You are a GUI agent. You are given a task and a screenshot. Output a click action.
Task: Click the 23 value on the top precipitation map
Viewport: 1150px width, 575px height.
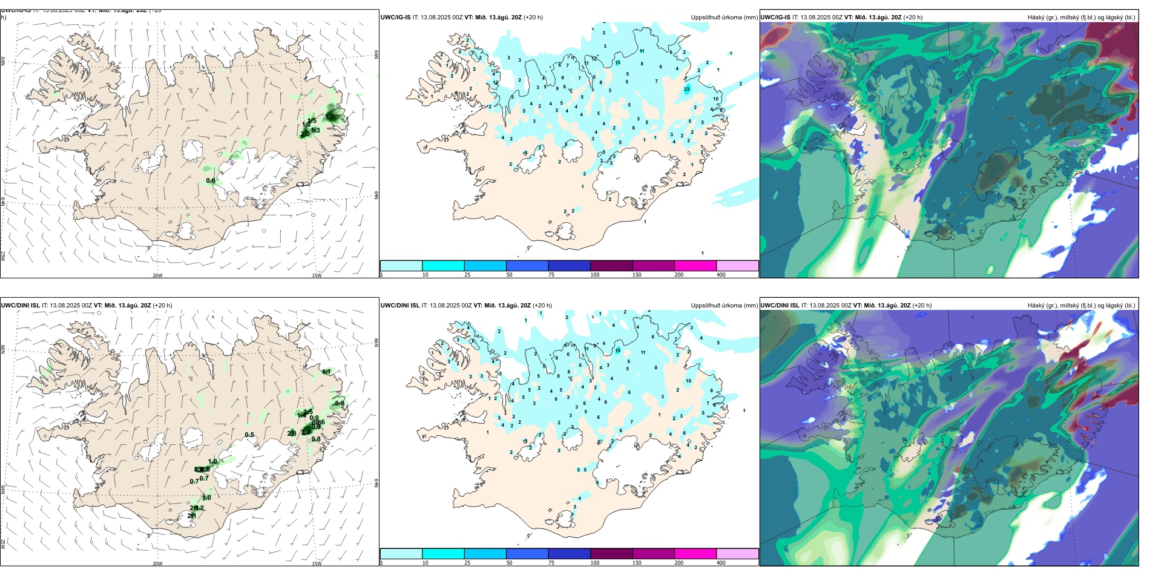687,89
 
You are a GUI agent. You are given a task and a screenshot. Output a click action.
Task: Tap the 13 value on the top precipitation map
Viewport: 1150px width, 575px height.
618,62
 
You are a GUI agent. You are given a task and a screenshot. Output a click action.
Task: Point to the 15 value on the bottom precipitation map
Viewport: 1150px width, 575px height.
618,350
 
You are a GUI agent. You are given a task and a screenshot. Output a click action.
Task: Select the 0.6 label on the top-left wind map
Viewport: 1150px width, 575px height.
211,181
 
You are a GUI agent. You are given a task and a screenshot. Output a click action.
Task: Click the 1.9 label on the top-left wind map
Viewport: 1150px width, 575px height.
330,116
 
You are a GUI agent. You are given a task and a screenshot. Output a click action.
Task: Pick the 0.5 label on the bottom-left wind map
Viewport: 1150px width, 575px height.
249,435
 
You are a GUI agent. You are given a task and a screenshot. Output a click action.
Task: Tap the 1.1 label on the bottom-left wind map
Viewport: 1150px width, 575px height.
327,372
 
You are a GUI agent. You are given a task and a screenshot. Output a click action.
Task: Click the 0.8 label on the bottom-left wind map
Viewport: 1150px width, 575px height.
316,439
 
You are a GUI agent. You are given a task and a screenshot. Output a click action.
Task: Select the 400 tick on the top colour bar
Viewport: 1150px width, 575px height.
721,275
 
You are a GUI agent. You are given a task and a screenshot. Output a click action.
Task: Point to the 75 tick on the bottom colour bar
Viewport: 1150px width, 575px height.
551,563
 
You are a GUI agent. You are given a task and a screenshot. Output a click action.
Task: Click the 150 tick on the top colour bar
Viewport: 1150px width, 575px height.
637,275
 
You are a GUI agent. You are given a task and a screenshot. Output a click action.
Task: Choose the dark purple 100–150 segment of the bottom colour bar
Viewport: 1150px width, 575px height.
611,554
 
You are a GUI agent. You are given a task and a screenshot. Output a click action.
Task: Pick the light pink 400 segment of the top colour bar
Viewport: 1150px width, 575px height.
737,266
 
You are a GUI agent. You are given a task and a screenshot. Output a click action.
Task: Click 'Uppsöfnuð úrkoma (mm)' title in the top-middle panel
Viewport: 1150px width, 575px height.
724,18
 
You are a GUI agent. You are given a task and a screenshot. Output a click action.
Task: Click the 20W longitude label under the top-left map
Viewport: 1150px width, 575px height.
157,275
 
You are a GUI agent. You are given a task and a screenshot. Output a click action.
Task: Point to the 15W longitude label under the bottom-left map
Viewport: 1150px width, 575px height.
317,563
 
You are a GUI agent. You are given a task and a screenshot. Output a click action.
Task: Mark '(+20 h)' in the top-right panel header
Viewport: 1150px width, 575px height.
913,18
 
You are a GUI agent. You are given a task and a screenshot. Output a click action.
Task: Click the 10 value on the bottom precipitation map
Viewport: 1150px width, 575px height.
689,381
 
